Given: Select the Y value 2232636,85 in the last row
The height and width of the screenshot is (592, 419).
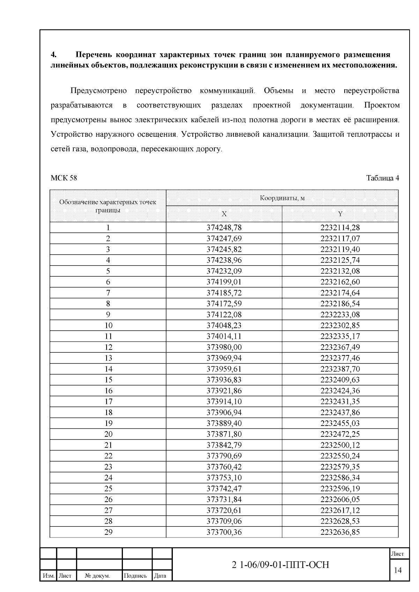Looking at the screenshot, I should [x=340, y=532].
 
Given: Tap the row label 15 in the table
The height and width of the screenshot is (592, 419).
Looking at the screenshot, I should [x=108, y=380].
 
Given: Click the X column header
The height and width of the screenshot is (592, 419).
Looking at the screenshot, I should [x=224, y=214].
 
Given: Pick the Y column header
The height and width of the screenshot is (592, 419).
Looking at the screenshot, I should [x=340, y=214].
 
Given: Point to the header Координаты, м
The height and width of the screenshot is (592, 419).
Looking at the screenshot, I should [x=282, y=198].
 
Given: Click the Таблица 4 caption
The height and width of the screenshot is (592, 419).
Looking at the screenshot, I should [x=382, y=178].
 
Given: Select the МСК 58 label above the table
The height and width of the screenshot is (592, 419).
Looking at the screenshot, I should [x=64, y=178].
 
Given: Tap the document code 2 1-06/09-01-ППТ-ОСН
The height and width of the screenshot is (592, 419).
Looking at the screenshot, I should [x=281, y=565].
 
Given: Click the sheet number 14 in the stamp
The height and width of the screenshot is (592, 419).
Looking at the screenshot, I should [x=398, y=570].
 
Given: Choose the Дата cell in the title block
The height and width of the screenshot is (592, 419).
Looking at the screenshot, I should [x=160, y=576].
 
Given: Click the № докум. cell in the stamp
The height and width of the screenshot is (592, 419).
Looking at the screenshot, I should [x=98, y=576].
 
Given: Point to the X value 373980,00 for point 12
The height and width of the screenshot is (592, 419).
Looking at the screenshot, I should [x=224, y=347].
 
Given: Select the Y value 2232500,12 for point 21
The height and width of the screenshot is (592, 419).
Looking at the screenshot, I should [x=340, y=445].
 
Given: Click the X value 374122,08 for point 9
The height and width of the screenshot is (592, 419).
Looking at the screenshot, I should [x=224, y=315].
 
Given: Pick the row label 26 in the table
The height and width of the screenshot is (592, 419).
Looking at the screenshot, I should [x=108, y=500].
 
